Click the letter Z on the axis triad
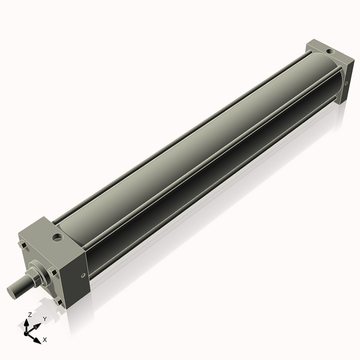[30, 315]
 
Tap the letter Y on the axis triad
[44, 319]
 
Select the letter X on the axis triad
[45, 340]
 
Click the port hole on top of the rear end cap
[329, 52]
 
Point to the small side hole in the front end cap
[82, 275]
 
